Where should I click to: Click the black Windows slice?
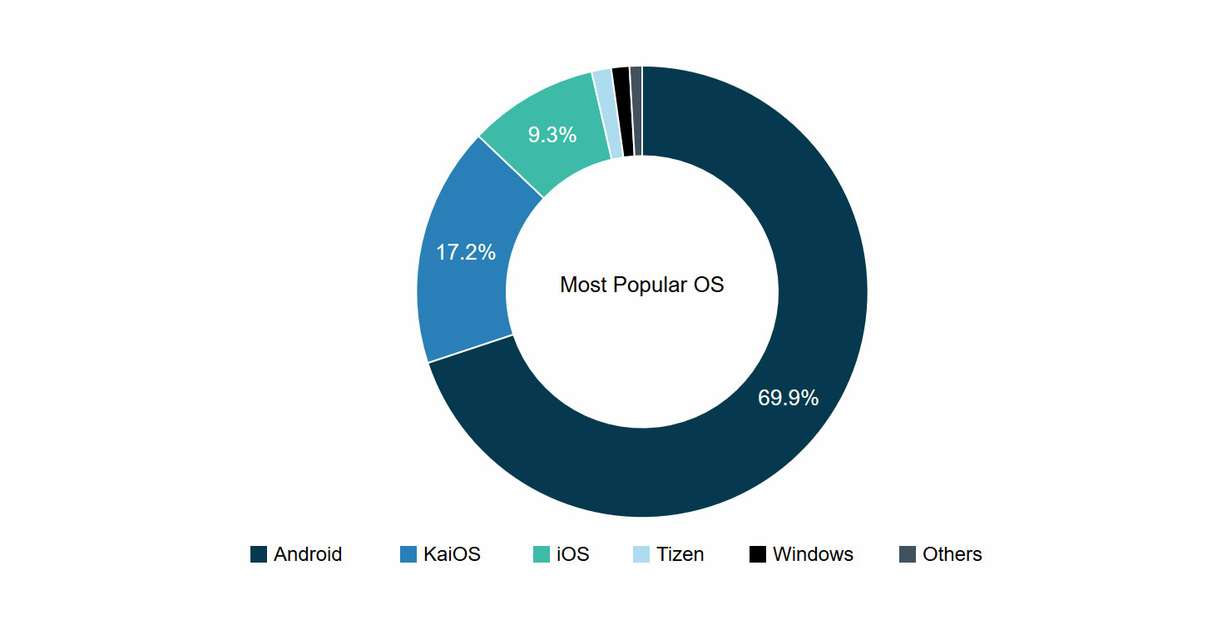click(622, 112)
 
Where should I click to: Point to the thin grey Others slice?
click(636, 111)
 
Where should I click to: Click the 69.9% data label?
click(788, 398)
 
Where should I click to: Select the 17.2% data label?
click(466, 252)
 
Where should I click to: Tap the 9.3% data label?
click(552, 135)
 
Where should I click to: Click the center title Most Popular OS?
click(642, 285)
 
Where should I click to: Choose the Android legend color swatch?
click(259, 554)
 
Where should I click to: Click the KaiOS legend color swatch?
click(408, 554)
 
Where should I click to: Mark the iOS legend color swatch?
click(542, 554)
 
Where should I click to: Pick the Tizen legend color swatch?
click(641, 554)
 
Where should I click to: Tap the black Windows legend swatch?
click(758, 554)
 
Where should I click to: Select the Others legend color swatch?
click(908, 554)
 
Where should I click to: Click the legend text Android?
click(308, 554)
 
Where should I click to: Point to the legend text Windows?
click(813, 554)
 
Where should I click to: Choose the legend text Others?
click(952, 554)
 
